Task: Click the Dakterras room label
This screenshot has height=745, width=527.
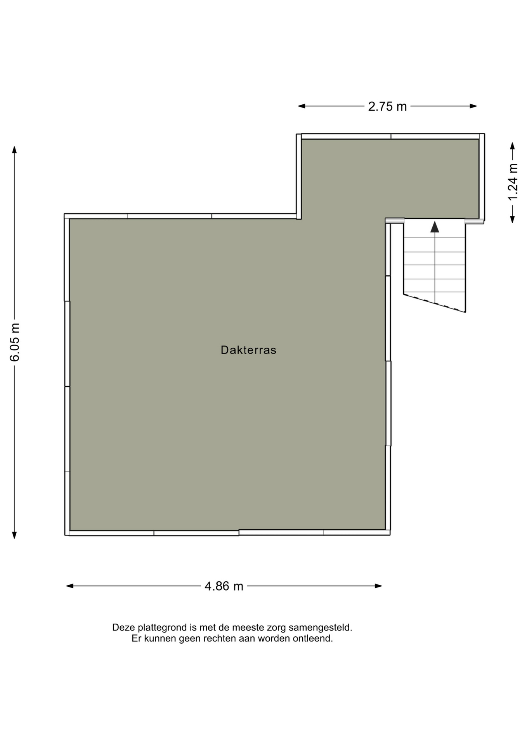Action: point(248,350)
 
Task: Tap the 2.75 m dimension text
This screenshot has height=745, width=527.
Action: point(387,106)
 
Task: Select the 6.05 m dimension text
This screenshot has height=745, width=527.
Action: point(15,342)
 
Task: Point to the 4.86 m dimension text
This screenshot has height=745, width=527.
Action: point(224,586)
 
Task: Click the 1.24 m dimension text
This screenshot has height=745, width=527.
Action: point(513,182)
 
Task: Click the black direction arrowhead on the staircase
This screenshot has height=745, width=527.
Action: point(435,227)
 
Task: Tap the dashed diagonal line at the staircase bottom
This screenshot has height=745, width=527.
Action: point(435,303)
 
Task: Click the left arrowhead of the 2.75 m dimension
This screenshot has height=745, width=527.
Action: point(302,106)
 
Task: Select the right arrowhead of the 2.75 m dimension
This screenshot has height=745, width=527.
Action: point(473,106)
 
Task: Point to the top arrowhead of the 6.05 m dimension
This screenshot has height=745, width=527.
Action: point(14,150)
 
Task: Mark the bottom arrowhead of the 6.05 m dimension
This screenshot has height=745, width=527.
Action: point(14,535)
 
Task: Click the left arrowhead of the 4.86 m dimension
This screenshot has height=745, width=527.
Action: point(70,586)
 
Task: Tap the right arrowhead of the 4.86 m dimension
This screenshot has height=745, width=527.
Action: point(378,586)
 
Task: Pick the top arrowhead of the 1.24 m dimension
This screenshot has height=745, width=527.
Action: point(512,146)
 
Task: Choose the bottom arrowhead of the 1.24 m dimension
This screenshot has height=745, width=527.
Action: point(512,219)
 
